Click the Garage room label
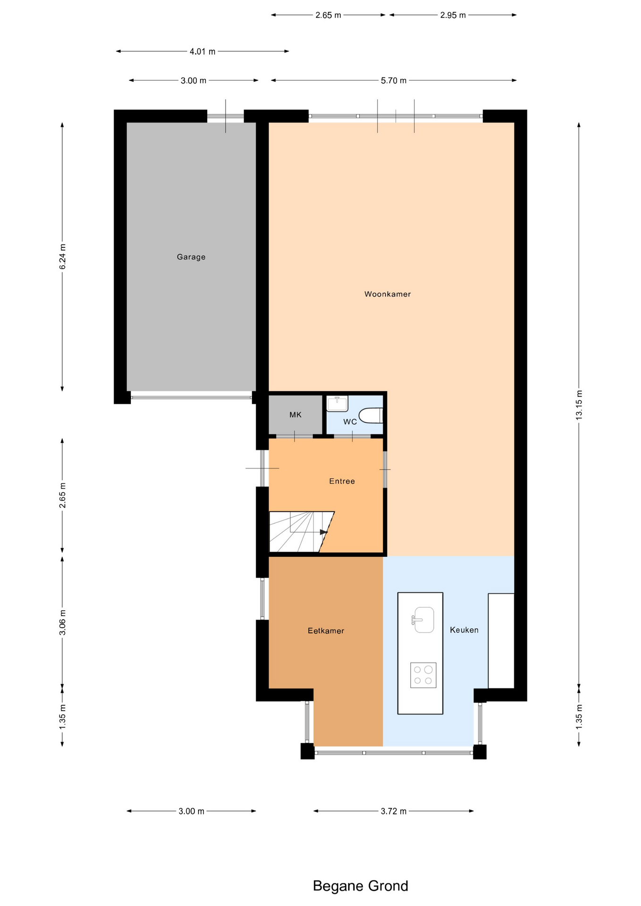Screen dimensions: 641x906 (x=191, y=257)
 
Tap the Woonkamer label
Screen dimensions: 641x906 (x=388, y=294)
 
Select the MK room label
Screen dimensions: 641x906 (x=295, y=415)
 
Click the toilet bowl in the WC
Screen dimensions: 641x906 (x=371, y=416)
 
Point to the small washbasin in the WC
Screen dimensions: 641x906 (x=337, y=403)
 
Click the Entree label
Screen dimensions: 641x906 (x=342, y=481)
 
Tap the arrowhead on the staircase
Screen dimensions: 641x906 (x=324, y=532)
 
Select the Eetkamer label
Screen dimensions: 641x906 (x=326, y=631)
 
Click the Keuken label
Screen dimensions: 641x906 (x=464, y=630)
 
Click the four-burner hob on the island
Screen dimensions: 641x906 (x=423, y=675)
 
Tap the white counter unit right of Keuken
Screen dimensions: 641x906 (x=501, y=641)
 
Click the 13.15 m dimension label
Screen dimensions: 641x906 (x=579, y=405)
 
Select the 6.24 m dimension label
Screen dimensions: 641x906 (x=62, y=257)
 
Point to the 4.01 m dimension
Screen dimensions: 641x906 (x=202, y=51)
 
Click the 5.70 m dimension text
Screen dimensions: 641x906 (x=394, y=81)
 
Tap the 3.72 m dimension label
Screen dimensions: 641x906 (x=394, y=811)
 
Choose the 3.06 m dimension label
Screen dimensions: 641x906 (x=62, y=622)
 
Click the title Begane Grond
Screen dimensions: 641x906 (x=361, y=886)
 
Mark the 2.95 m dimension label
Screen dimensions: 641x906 (x=453, y=15)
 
